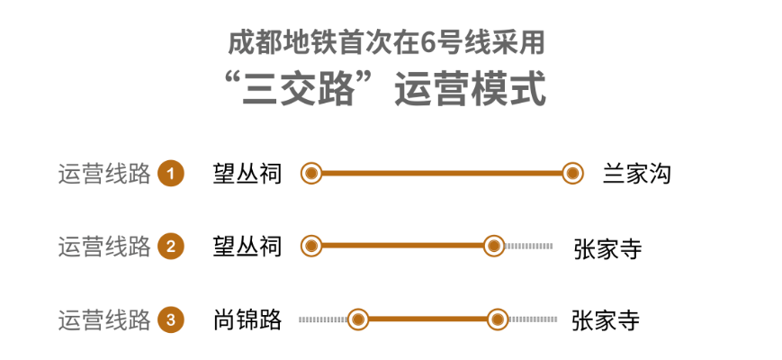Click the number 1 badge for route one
pyautogui.click(x=170, y=174)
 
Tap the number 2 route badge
pyautogui.click(x=170, y=247)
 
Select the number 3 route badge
pyautogui.click(x=170, y=319)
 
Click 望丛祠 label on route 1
pyautogui.click(x=247, y=174)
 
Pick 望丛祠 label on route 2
pyautogui.click(x=247, y=247)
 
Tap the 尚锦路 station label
pyautogui.click(x=247, y=319)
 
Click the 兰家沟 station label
pyautogui.click(x=636, y=174)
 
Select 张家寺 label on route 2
pyautogui.click(x=607, y=248)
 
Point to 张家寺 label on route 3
pyautogui.click(x=606, y=320)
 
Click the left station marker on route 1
pyautogui.click(x=311, y=174)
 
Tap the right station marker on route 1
pyautogui.click(x=571, y=174)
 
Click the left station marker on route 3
pyautogui.click(x=358, y=319)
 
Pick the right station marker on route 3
pyautogui.click(x=498, y=319)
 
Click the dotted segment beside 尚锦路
pyautogui.click(x=322, y=319)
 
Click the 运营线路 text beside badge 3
pyautogui.click(x=103, y=319)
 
